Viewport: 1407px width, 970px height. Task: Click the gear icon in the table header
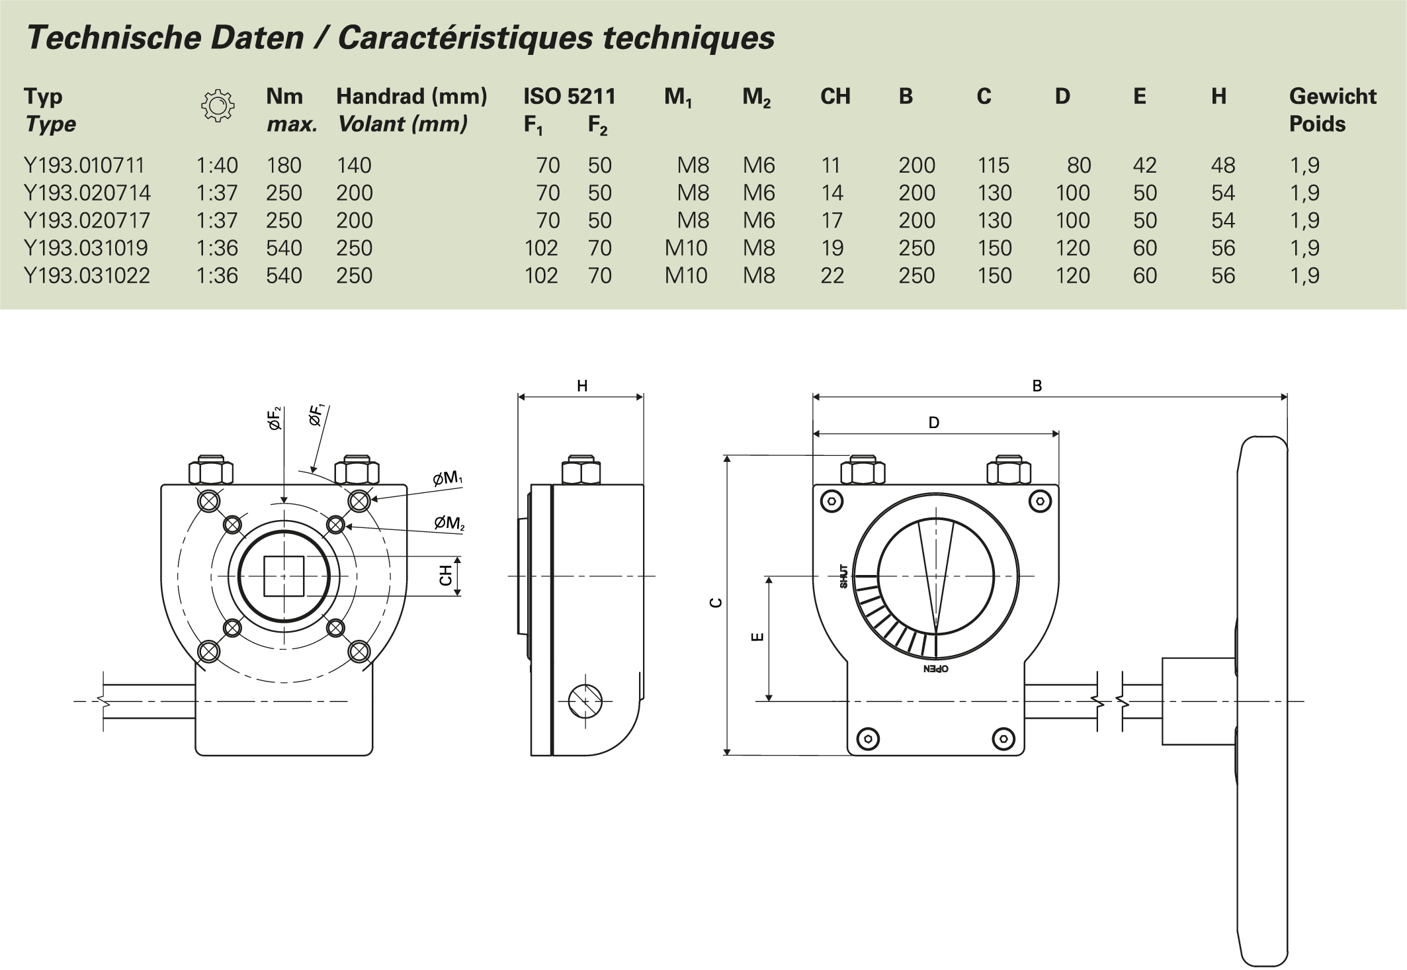coord(217,106)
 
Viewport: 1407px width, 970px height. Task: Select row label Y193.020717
coord(87,220)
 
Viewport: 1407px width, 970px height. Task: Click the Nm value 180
coord(284,165)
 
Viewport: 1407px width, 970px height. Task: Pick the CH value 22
coord(831,275)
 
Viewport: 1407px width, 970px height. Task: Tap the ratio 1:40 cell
coord(217,165)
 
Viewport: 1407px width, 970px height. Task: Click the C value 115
coord(993,165)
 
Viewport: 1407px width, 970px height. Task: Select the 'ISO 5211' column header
coord(569,97)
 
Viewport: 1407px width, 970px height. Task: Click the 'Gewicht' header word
coord(1332,97)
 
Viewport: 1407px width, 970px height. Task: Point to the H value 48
coord(1222,165)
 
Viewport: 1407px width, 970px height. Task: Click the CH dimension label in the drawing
coord(446,576)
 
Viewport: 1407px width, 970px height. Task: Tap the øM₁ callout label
coord(448,478)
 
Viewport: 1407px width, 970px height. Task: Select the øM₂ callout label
coord(449,523)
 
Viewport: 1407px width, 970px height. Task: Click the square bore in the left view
coord(284,576)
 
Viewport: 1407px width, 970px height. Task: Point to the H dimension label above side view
coord(581,386)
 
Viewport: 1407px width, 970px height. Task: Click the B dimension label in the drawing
coord(1037,386)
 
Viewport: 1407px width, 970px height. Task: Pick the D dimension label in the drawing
coord(933,423)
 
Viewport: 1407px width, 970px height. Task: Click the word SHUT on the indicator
coord(843,576)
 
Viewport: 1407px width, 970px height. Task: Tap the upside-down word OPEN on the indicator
coord(935,669)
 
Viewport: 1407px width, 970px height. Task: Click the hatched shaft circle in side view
coord(585,700)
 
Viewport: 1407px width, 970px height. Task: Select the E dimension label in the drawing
coord(758,637)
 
